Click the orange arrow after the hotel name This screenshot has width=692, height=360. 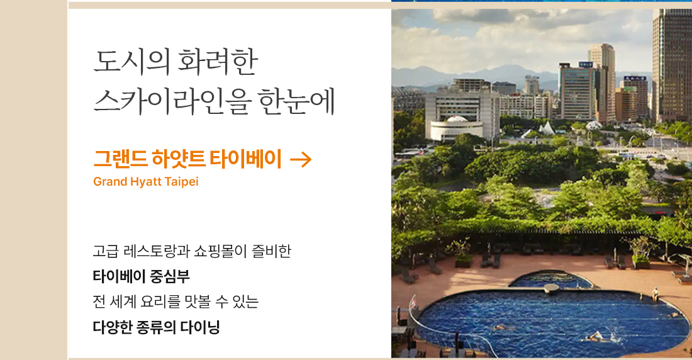tap(301, 159)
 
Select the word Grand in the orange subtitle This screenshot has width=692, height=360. tap(110, 181)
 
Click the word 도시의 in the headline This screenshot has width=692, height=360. tap(131, 62)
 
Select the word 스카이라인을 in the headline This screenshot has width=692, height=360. tap(172, 101)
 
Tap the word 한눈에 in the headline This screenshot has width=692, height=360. tap(296, 101)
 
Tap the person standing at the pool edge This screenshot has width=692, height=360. tap(655, 293)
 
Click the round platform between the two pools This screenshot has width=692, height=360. tap(551, 288)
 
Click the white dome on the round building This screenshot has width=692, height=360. tap(457, 119)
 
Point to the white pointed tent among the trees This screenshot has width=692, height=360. tap(547, 128)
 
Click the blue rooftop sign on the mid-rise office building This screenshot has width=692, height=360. tap(586, 64)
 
